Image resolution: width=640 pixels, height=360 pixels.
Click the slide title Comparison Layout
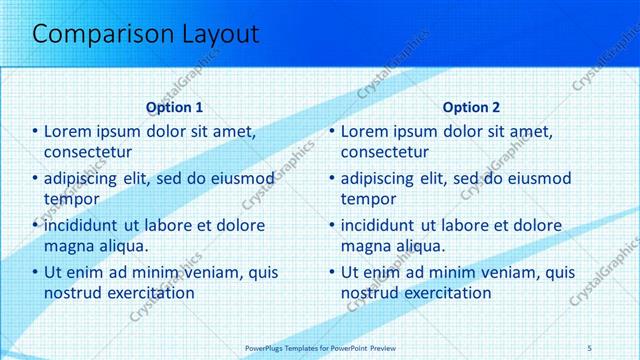tap(146, 34)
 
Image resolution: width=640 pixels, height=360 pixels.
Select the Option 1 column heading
tap(175, 107)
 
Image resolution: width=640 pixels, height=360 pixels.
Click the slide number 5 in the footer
tap(590, 347)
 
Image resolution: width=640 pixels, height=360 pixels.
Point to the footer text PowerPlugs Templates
tap(289, 347)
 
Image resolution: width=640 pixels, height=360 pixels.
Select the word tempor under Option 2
tap(369, 199)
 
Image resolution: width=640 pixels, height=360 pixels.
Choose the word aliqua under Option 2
tap(420, 246)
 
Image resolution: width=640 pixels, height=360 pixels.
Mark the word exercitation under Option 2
tap(444, 293)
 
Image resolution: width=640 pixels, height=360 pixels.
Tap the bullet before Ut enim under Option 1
tap(35, 272)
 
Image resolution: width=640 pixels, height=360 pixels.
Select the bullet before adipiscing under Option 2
tap(331, 178)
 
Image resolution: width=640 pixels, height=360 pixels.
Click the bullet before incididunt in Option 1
tap(35, 225)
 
